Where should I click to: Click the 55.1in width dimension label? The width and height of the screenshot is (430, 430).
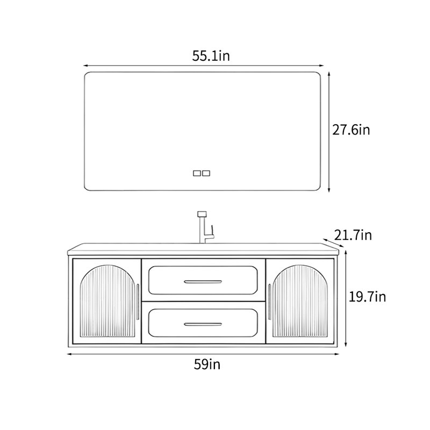tap(211, 56)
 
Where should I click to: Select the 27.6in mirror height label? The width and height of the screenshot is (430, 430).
tap(351, 130)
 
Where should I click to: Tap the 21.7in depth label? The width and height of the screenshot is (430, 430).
tap(353, 235)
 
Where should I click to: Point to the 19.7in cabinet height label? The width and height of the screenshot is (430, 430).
tap(367, 297)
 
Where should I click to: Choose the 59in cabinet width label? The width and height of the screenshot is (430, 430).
tap(207, 364)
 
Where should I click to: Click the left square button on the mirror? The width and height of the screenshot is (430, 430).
tap(197, 173)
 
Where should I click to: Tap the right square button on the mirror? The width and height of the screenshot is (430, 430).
tap(206, 173)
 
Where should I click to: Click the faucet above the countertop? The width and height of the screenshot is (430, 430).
tap(206, 227)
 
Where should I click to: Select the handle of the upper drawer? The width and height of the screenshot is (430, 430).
tap(203, 282)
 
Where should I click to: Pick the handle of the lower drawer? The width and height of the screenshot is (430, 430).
tap(203, 324)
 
